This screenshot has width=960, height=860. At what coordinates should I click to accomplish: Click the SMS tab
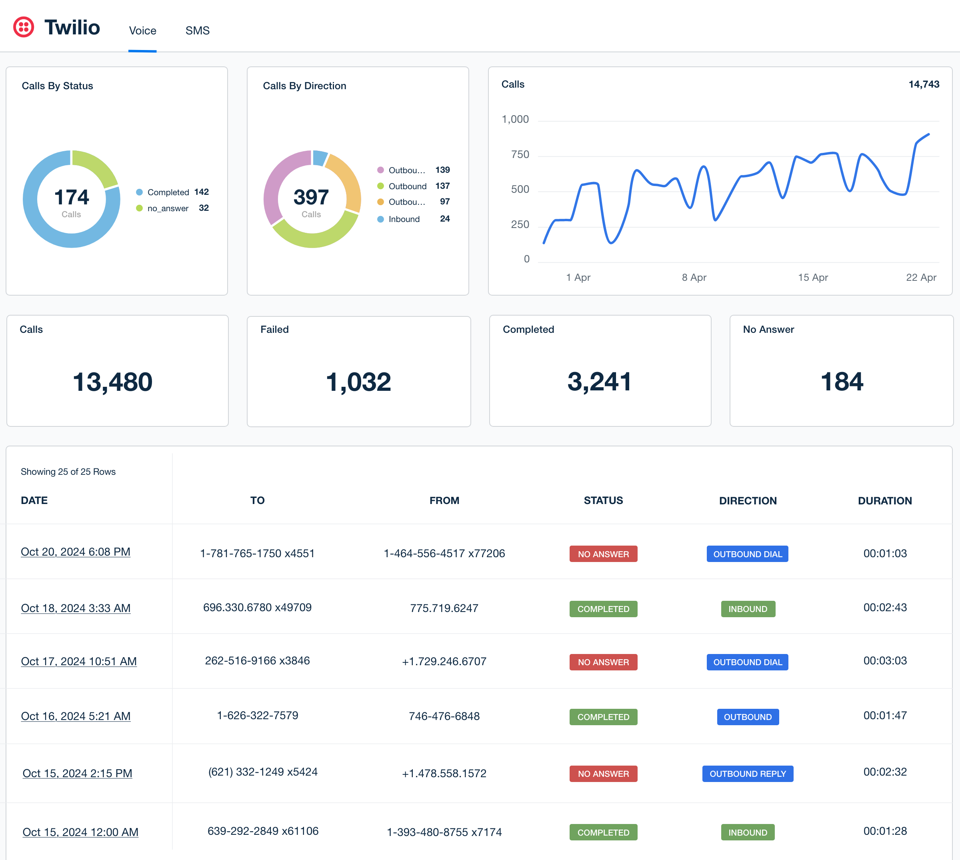click(x=197, y=31)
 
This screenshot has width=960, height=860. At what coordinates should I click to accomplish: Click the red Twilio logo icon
click(x=24, y=27)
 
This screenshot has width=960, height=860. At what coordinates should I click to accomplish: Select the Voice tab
click(x=142, y=31)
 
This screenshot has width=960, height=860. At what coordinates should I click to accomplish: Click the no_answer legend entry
click(x=168, y=208)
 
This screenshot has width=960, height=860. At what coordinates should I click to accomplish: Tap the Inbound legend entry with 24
click(x=404, y=219)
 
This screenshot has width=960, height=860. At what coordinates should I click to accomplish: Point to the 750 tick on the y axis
click(x=520, y=154)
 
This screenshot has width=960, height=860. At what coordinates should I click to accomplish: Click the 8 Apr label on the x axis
click(x=694, y=277)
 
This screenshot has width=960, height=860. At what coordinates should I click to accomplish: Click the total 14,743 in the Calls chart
click(x=924, y=84)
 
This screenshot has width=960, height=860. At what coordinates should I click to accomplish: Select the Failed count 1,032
click(x=358, y=382)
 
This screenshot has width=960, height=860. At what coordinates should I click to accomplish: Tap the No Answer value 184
click(x=842, y=382)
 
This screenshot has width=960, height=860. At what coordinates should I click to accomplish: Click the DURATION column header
click(x=884, y=501)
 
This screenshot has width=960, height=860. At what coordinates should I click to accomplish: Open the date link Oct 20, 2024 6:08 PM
click(x=76, y=552)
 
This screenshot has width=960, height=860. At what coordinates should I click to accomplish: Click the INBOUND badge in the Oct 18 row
click(x=748, y=609)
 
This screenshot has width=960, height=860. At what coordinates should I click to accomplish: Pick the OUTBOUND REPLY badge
click(x=748, y=774)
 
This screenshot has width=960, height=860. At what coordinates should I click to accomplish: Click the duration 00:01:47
click(x=885, y=716)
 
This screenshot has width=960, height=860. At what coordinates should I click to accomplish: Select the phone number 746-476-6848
click(x=444, y=716)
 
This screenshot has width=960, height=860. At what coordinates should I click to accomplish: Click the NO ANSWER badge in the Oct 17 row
click(x=603, y=662)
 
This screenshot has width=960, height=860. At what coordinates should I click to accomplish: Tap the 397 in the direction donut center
click(x=311, y=198)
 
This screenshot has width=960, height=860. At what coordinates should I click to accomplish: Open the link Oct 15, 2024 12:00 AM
click(x=80, y=832)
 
